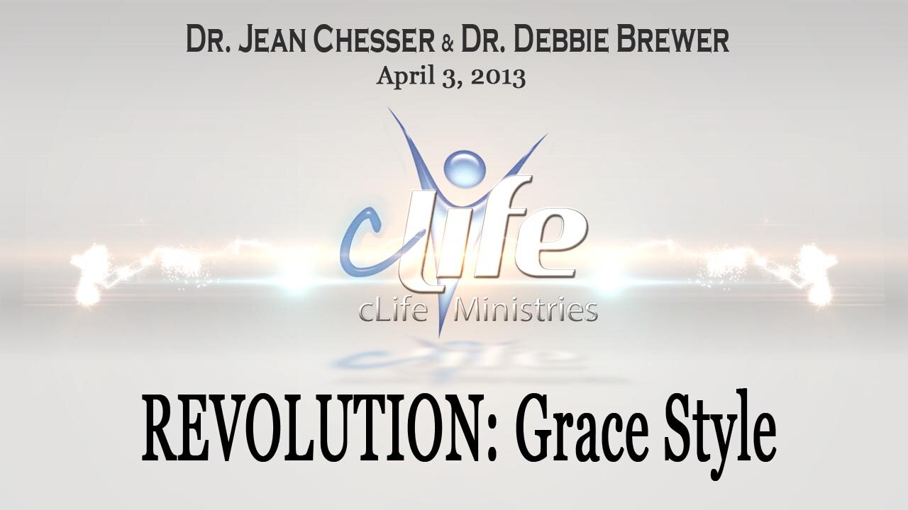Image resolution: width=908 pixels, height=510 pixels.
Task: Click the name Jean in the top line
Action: (274, 41)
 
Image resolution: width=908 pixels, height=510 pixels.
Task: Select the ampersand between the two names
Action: (448, 42)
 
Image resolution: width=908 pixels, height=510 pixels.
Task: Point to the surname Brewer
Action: (674, 41)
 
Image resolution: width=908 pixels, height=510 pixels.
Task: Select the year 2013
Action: (497, 76)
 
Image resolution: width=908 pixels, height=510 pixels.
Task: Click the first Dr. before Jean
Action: (205, 41)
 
